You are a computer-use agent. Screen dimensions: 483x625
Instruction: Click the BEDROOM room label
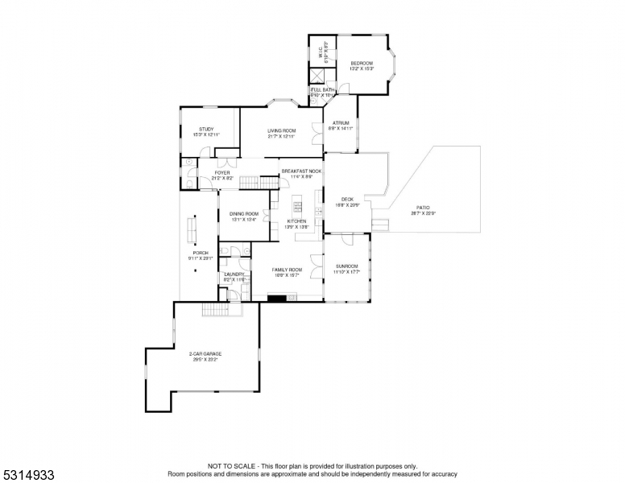[361, 63]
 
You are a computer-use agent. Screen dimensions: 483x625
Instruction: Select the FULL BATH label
[321, 89]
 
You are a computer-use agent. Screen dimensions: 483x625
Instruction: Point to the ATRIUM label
[340, 123]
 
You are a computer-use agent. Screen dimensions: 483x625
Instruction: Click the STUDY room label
[206, 130]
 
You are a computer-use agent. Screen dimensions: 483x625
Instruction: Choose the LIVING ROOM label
[282, 130]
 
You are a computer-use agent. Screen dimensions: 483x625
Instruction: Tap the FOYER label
[221, 172]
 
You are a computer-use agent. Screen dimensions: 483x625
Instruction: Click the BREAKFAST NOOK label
[301, 171]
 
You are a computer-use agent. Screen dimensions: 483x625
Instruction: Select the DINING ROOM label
[243, 213]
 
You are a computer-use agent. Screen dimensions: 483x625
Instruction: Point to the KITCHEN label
[296, 221]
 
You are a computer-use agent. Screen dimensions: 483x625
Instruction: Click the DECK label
[347, 200]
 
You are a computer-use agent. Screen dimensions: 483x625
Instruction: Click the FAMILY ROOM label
[287, 269]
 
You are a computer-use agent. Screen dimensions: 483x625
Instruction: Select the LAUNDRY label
[234, 275]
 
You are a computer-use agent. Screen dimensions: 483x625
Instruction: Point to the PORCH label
[200, 253]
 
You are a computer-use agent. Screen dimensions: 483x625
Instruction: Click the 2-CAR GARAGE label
[205, 354]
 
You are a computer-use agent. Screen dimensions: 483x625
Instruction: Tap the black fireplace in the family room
[278, 298]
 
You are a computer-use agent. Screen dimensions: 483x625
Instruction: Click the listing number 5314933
[28, 475]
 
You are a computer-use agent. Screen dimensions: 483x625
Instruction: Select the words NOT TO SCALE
[231, 466]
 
